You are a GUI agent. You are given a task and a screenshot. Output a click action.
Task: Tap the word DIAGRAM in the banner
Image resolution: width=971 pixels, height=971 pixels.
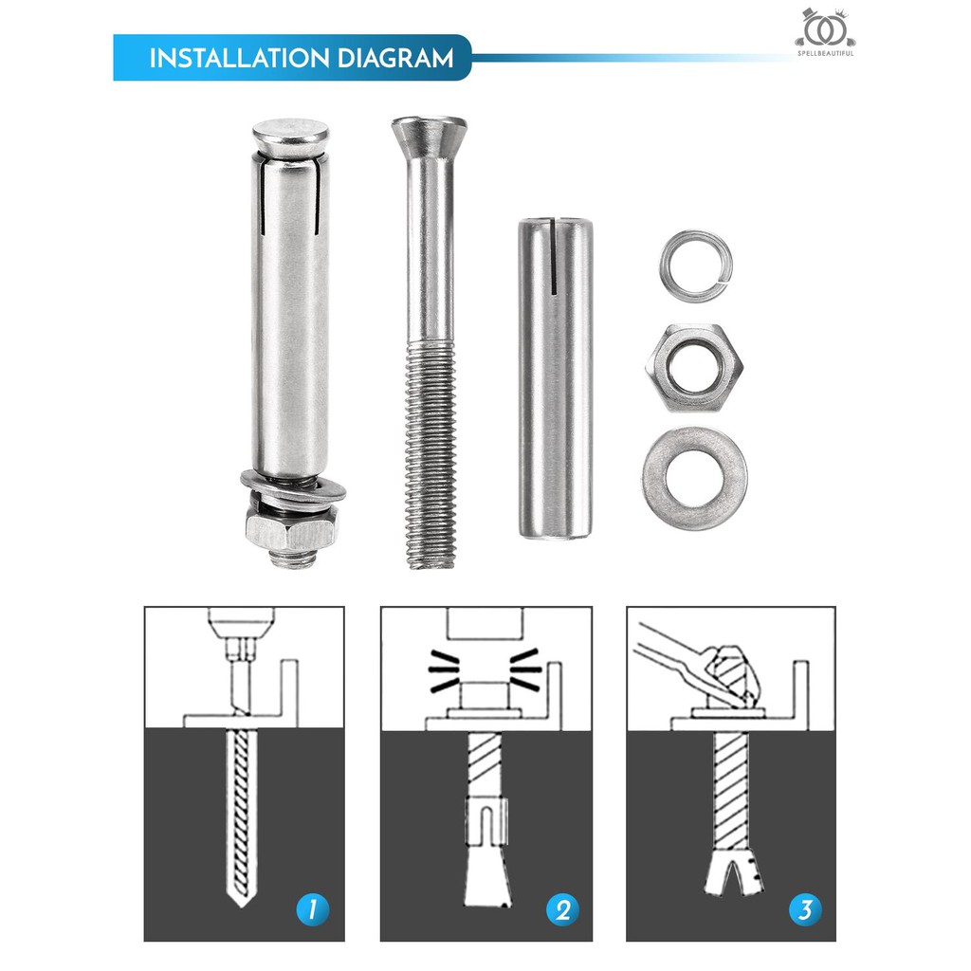(396, 58)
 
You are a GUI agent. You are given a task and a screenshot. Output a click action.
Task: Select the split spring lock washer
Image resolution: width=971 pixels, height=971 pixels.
(695, 266)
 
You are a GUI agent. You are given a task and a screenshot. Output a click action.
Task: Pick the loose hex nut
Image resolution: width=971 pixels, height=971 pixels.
(694, 367)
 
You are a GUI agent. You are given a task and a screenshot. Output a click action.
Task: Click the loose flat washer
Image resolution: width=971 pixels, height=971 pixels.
(694, 478)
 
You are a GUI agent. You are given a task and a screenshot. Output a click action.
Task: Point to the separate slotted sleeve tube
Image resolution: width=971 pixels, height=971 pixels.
(556, 377)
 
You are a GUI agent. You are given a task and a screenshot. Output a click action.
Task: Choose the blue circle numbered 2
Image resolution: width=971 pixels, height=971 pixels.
(562, 909)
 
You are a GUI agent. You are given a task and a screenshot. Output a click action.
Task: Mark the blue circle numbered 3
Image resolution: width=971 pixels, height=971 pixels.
(805, 909)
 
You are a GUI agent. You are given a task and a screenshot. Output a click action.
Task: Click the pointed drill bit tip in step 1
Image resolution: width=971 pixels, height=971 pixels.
(242, 899)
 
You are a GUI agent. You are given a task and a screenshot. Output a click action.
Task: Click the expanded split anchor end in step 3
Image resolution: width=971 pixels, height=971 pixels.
(733, 873)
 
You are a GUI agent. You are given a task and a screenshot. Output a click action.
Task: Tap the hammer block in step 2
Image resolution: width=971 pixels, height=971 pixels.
(485, 623)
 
